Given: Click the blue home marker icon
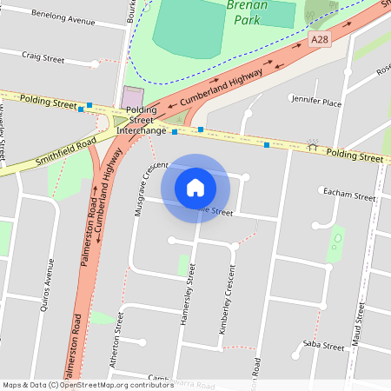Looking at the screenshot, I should pyautogui.click(x=195, y=187).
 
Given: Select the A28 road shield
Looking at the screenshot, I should pyautogui.click(x=319, y=39).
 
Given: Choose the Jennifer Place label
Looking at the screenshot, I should pyautogui.click(x=316, y=102).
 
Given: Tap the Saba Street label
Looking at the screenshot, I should pyautogui.click(x=323, y=346).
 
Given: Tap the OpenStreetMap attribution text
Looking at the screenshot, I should pyautogui.click(x=89, y=384).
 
